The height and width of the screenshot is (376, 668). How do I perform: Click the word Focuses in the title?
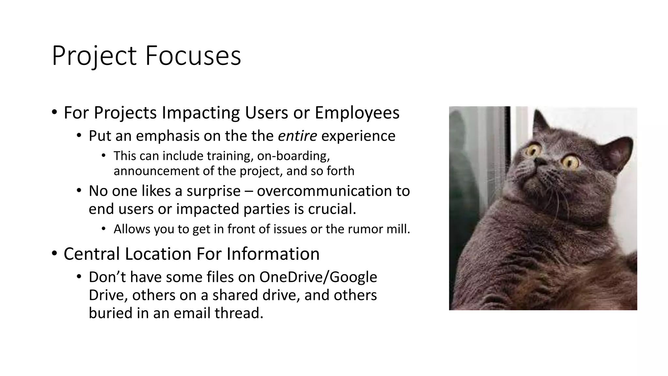[x=193, y=56]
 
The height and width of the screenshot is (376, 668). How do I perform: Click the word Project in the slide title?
[x=94, y=56]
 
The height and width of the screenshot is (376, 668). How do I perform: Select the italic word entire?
[x=297, y=136]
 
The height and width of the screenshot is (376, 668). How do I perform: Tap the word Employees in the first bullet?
[x=357, y=113]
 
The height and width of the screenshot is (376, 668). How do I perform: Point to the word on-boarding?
[x=293, y=156]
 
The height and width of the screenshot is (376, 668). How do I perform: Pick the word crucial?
[x=332, y=209]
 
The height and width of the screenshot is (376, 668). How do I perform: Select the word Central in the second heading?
[x=92, y=254]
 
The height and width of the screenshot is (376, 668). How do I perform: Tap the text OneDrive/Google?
[x=318, y=277]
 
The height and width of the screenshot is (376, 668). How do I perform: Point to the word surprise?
[x=213, y=191]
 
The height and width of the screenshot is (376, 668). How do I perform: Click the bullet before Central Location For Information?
[x=54, y=254]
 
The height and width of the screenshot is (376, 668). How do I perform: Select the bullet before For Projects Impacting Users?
[x=54, y=113]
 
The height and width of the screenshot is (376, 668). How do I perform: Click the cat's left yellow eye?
[x=533, y=150]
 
